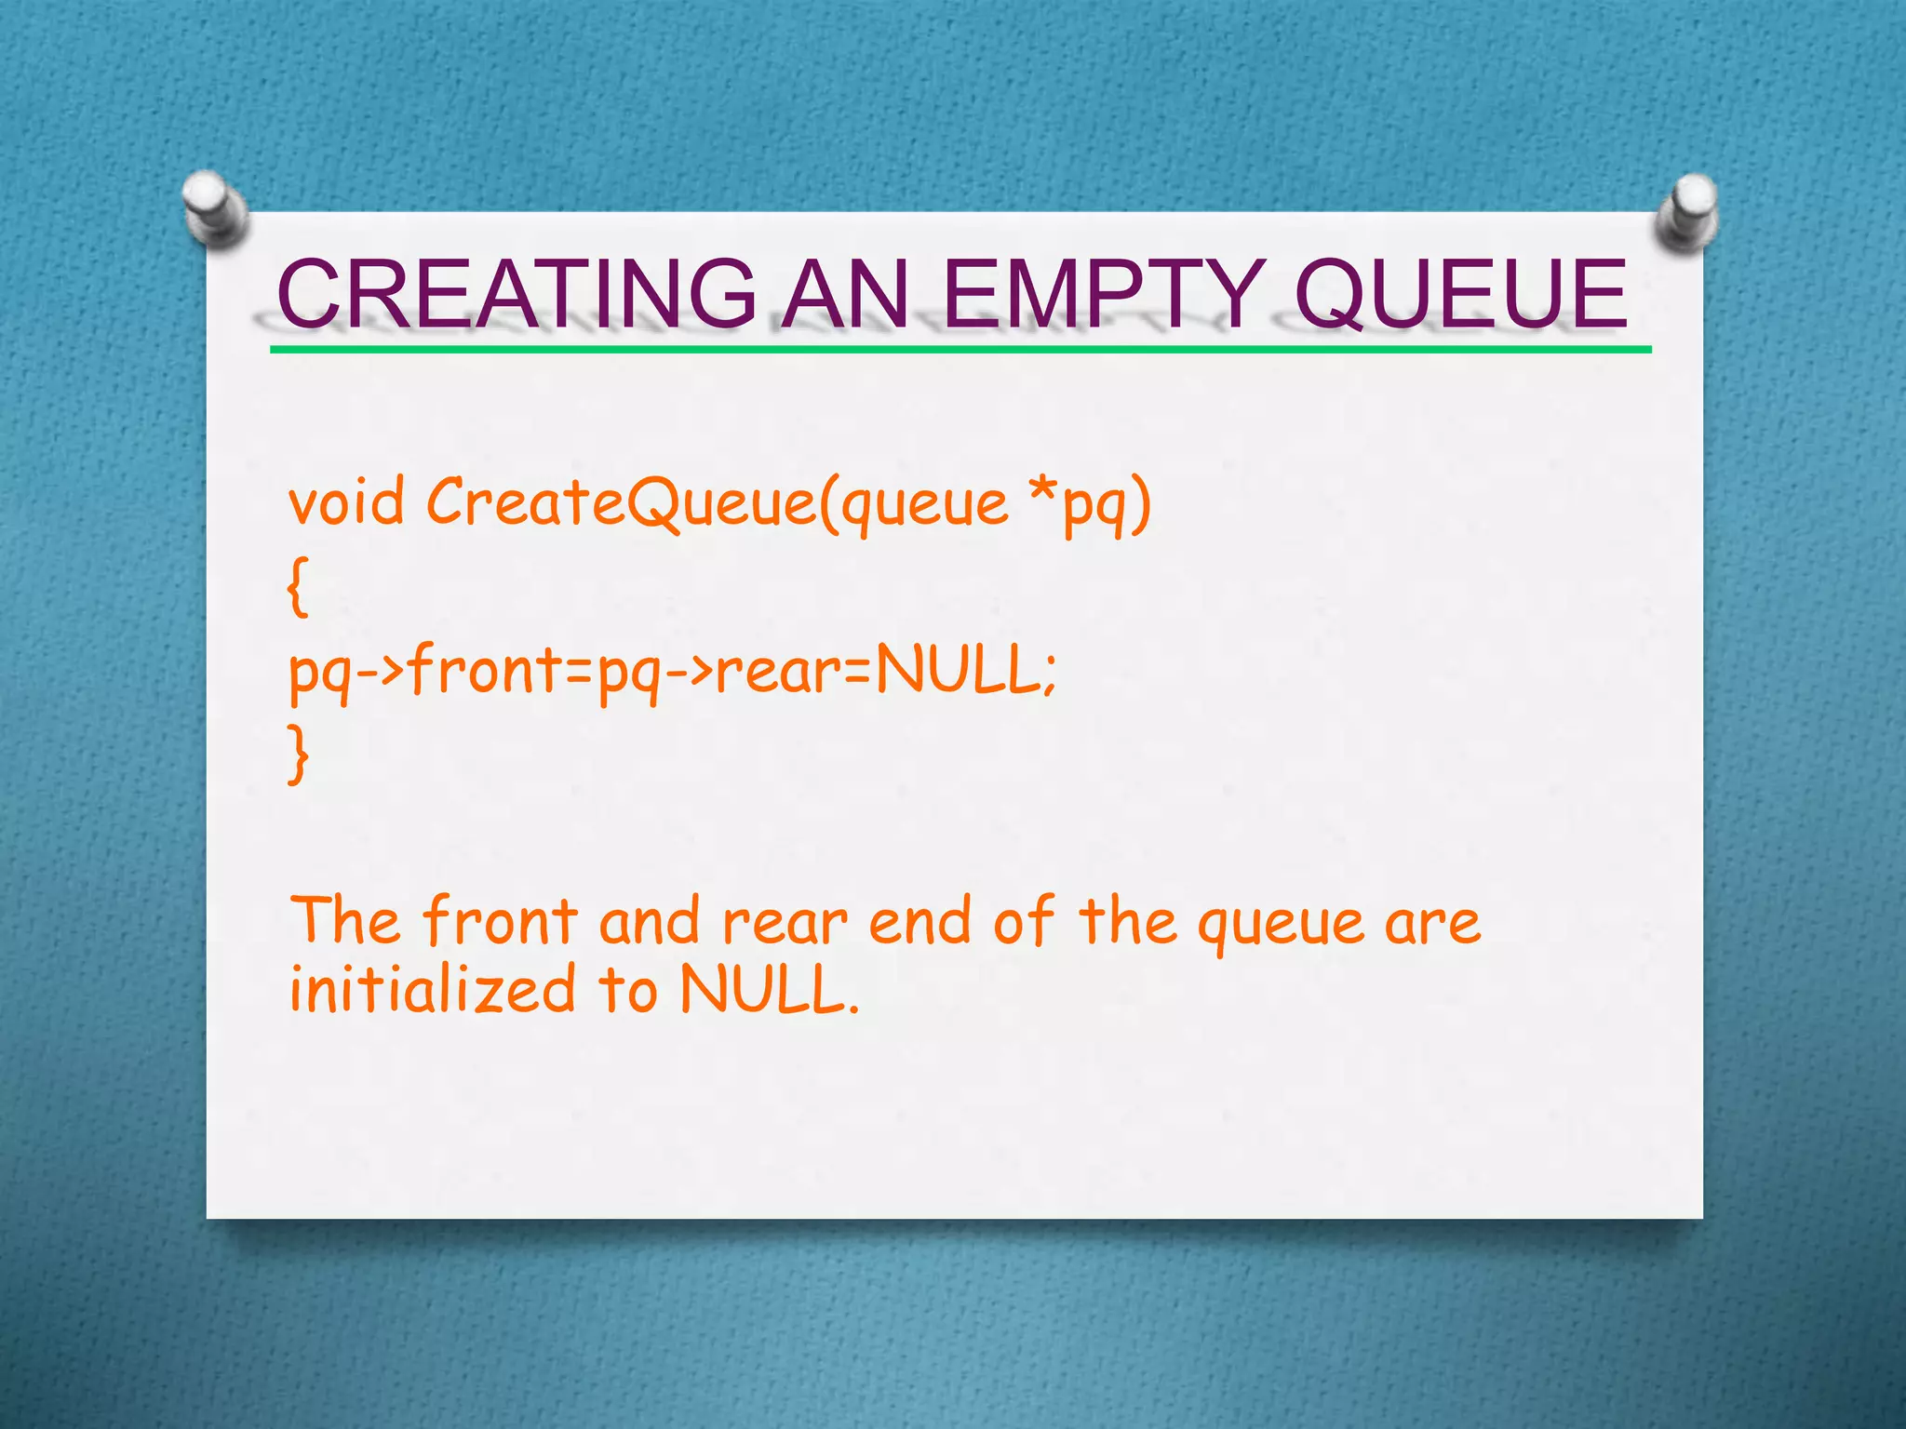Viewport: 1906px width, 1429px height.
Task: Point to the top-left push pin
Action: tap(214, 208)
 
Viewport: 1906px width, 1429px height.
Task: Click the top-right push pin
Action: tap(1687, 212)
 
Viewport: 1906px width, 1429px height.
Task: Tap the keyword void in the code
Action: tap(346, 503)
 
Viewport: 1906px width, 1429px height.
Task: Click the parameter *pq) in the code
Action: tap(1091, 503)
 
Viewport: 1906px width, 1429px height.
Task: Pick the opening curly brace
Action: tap(297, 587)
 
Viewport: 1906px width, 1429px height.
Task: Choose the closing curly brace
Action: tap(297, 755)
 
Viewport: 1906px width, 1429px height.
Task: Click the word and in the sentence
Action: tap(649, 921)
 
